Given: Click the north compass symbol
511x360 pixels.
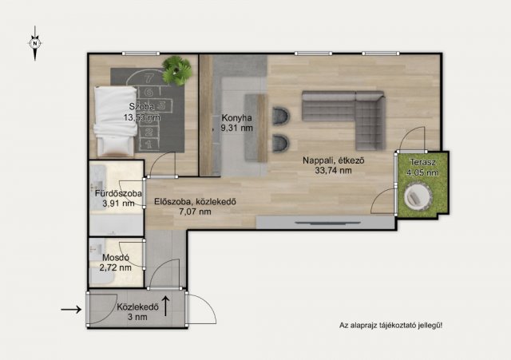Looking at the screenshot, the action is [35, 43].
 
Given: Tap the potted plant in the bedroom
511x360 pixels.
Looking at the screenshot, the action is [177, 70].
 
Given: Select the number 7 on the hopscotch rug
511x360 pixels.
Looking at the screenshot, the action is [149, 78].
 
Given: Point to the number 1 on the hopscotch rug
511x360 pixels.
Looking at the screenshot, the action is [149, 144].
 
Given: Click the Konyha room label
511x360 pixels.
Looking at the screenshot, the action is [236, 117].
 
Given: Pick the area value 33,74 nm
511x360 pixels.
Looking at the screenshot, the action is [333, 170].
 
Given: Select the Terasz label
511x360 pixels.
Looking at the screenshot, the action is [422, 162].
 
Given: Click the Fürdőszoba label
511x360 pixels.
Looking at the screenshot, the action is [118, 193].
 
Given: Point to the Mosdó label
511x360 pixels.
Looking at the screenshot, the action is [116, 258].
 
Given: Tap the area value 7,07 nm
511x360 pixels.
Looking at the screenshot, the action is [195, 212].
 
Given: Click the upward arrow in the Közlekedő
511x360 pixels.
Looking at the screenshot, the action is [165, 306].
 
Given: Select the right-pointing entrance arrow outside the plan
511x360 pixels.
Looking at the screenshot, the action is [71, 309].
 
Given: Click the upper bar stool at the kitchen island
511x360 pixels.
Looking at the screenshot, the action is [281, 116].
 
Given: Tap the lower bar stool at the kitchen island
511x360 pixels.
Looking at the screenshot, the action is [281, 143].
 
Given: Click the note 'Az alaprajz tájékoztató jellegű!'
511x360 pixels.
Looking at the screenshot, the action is [390, 325].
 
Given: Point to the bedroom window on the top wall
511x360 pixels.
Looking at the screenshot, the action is [141, 53].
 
